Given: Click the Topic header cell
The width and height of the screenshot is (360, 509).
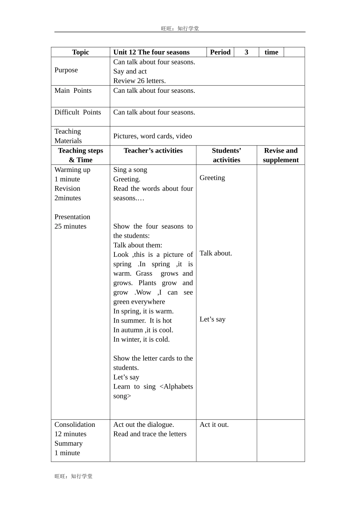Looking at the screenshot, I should [x=80, y=52].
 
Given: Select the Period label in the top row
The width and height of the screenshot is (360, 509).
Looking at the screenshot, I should [x=220, y=52].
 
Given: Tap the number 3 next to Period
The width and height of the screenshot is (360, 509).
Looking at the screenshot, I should [x=246, y=52].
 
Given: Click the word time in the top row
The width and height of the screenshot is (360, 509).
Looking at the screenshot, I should [x=271, y=52].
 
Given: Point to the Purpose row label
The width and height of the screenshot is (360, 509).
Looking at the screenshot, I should [x=66, y=70].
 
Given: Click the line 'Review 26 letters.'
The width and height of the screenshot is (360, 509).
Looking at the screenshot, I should [x=139, y=81].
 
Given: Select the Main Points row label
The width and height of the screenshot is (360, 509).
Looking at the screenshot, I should [x=73, y=91].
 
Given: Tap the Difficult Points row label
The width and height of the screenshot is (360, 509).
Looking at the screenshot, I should [x=78, y=112].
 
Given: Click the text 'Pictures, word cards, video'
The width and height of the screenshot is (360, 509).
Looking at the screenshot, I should [x=152, y=136].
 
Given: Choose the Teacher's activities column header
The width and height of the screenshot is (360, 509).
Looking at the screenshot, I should [x=153, y=150].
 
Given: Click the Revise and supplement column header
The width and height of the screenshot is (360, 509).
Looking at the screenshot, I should [x=281, y=155].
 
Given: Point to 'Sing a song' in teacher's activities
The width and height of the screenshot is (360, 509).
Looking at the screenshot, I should [x=130, y=170].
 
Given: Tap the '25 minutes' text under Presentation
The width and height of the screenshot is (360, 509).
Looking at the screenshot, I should [x=70, y=226].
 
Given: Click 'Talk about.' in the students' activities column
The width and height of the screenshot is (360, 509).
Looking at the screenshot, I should [x=216, y=253].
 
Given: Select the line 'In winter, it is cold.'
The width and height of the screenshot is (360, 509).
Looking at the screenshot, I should [x=141, y=339].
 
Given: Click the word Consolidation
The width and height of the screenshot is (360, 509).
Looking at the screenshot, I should [x=75, y=425].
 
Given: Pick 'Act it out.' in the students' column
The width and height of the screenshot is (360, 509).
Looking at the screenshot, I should [x=214, y=425].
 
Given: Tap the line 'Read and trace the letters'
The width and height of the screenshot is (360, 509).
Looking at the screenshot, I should [x=150, y=434].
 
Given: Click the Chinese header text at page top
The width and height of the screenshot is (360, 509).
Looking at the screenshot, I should [x=180, y=28].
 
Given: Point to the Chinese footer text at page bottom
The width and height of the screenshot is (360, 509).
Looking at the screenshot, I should [x=73, y=476].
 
